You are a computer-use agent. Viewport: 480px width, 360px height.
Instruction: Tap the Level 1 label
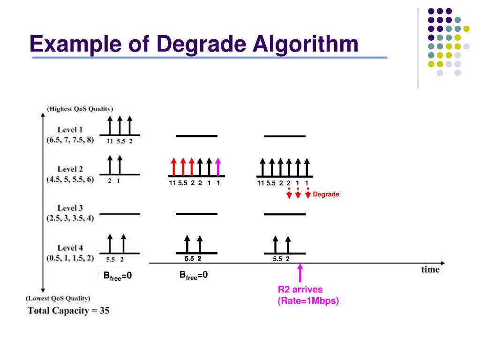[x=70, y=129]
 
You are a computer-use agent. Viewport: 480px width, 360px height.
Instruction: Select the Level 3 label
[x=70, y=208]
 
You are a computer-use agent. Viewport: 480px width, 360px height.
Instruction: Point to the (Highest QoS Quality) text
[x=80, y=109]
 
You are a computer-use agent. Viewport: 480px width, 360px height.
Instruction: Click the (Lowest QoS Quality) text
[x=59, y=298]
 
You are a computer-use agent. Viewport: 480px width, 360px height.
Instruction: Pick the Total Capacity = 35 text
[x=68, y=310]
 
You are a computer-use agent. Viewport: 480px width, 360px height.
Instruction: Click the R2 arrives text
[x=300, y=289]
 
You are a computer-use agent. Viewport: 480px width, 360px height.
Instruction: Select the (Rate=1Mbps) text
[x=308, y=300]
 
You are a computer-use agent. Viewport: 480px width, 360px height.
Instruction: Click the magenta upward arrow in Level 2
[x=218, y=166]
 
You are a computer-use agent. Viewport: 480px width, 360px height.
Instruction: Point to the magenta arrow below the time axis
[x=300, y=273]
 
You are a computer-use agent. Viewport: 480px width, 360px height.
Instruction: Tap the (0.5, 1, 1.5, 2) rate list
[x=70, y=257]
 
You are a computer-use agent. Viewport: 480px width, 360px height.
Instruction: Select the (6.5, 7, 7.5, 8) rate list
[x=70, y=139]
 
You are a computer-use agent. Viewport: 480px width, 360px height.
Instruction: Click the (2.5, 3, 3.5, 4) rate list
[x=70, y=218]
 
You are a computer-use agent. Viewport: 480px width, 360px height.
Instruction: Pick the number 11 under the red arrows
[x=172, y=183]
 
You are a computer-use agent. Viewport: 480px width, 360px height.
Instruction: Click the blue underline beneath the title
[x=209, y=58]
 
